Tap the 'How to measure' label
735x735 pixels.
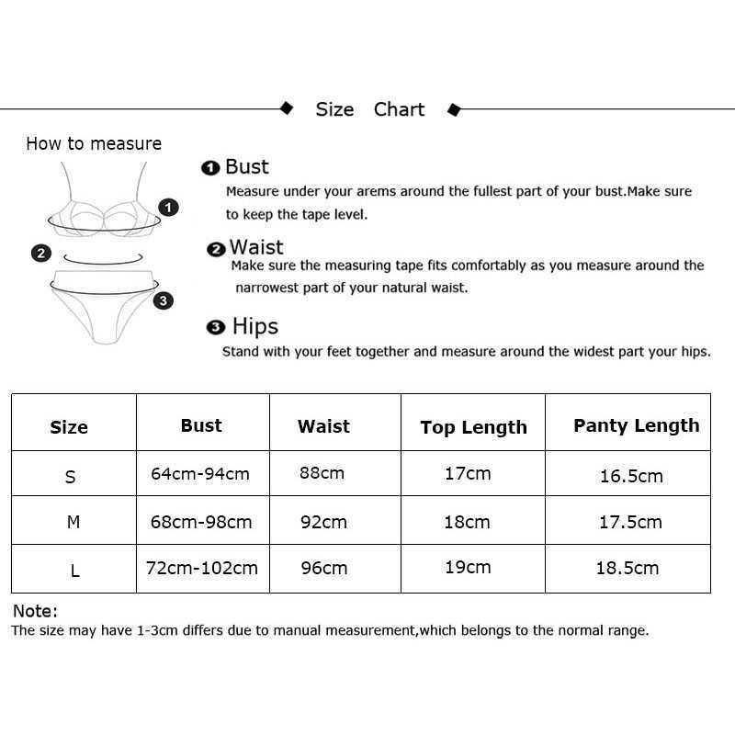[94, 143]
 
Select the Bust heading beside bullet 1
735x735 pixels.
[247, 166]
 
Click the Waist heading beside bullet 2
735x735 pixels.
[256, 247]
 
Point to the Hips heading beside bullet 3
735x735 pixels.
[254, 326]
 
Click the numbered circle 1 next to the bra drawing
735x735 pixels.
[169, 208]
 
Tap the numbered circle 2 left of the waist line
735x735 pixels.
[40, 253]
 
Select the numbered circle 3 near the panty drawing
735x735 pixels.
[163, 300]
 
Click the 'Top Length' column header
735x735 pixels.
[473, 427]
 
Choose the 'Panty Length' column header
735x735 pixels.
[636, 425]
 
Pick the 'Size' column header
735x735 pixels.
[69, 427]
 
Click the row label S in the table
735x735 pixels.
[71, 477]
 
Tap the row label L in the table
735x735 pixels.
[74, 571]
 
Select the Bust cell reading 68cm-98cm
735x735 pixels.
[201, 522]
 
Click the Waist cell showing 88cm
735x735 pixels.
[322, 473]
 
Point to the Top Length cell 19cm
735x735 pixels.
[468, 567]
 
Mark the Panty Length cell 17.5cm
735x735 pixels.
[630, 522]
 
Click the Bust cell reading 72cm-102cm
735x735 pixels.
[202, 568]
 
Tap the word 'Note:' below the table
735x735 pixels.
[35, 611]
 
